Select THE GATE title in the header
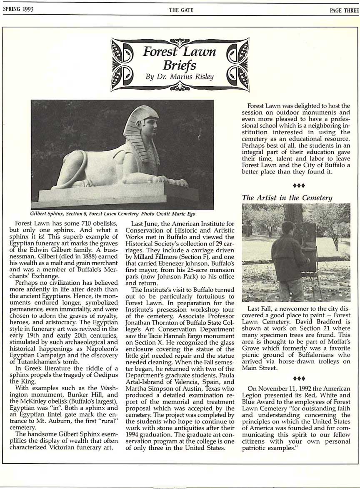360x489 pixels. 181,10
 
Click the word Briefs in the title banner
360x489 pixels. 179,65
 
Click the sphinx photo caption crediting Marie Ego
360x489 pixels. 113,214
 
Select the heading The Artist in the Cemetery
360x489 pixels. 287,198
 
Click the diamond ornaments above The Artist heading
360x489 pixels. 299,185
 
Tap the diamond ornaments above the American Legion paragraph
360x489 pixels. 299,379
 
